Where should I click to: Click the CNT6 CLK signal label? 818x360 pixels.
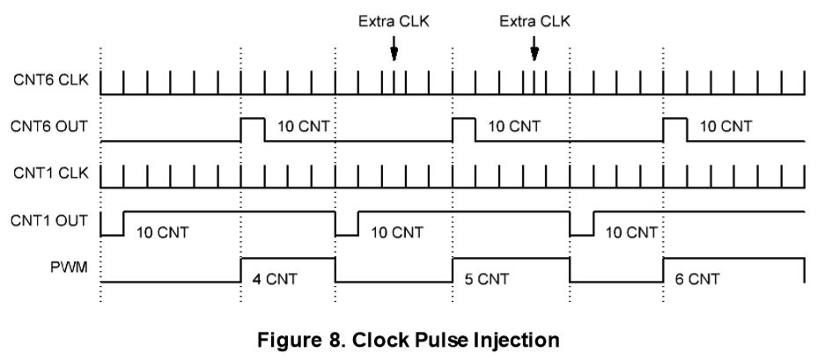(49, 81)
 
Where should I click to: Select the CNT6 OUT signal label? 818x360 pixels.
(49, 128)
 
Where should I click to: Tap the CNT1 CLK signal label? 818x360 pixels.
(49, 173)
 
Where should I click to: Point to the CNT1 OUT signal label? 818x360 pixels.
(49, 220)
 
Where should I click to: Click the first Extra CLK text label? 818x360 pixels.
(394, 21)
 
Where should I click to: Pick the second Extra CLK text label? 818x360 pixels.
(534, 21)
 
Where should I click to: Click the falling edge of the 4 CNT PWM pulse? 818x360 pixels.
(335, 269)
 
